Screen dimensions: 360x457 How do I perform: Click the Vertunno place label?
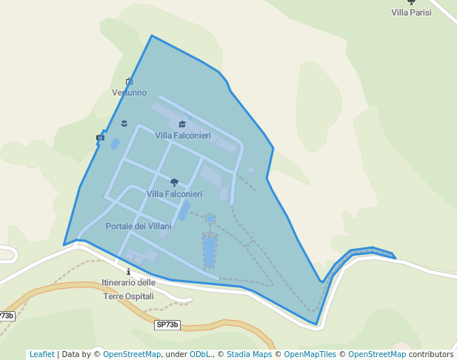[129, 93]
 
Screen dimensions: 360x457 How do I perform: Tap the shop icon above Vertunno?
[129, 81]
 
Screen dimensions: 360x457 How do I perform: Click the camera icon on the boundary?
[100, 137]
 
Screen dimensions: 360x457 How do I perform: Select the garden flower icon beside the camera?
[124, 123]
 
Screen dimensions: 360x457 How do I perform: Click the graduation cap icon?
[182, 124]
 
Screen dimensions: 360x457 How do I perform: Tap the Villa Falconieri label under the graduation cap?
[183, 136]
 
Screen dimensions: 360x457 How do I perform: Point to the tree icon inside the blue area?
[174, 182]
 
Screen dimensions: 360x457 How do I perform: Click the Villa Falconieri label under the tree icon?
[174, 194]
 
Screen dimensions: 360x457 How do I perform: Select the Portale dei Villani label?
[139, 226]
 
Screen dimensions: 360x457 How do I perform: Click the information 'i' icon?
[129, 272]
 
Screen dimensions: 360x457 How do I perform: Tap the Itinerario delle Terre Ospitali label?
[129, 289]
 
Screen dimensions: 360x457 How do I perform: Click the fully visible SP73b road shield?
[167, 324]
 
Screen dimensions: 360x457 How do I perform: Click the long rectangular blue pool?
[210, 251]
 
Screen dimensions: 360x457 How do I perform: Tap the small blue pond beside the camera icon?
[114, 144]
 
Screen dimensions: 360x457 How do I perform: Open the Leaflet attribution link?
[42, 354]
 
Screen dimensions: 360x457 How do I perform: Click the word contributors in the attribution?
[430, 354]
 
